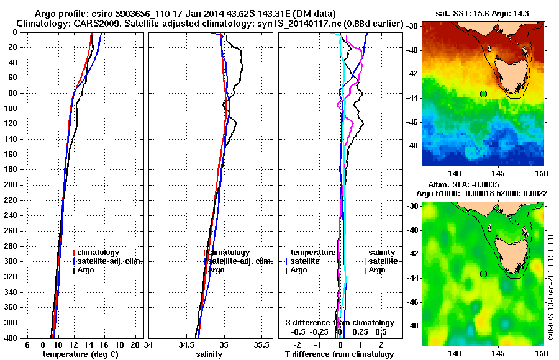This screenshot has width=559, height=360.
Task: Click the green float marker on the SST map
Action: pos(483,94)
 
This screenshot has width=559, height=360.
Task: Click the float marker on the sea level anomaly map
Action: pos(483,274)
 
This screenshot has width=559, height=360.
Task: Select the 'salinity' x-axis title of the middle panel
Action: pos(209,354)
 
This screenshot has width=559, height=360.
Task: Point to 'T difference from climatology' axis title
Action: pos(339,354)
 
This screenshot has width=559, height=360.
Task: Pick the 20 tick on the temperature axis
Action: pos(136,344)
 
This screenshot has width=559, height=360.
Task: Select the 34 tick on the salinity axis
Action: pos(148,344)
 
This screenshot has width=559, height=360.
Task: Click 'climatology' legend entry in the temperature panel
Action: pos(99,253)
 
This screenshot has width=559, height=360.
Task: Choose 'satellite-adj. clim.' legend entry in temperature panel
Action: pos(110,261)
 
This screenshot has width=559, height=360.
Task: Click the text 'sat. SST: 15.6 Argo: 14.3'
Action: pos(485,14)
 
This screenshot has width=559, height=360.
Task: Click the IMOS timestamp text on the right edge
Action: pos(550,286)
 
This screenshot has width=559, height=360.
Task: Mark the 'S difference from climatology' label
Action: pos(339,323)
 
